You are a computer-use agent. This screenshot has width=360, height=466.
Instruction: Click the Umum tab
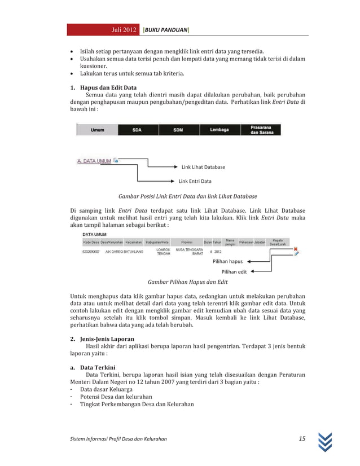point(97,130)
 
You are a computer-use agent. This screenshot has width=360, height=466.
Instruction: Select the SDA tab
point(137,130)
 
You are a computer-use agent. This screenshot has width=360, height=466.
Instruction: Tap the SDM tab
point(178,130)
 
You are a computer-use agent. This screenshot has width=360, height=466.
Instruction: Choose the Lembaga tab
point(219,130)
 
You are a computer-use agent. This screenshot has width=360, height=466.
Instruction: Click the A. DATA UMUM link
point(94,161)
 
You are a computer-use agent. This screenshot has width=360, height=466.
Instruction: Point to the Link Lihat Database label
point(203,167)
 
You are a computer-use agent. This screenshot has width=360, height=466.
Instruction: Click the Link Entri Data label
point(195,181)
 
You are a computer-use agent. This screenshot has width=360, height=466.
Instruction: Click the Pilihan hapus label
point(227,262)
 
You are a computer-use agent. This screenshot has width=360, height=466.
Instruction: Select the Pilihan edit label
point(234,271)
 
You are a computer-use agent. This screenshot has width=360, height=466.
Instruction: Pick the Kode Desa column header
point(91,242)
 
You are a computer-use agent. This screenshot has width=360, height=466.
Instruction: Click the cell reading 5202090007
point(91,252)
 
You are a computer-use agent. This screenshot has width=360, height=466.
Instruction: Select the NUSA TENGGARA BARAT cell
point(190,251)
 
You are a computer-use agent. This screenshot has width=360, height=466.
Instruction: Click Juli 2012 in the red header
point(124,29)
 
